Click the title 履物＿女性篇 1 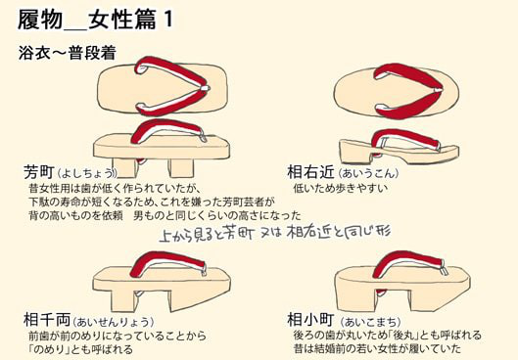[x=95, y=20]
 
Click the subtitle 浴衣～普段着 [x=68, y=53]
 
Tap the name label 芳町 [x=39, y=171]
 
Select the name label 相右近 [x=310, y=172]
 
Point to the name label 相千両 [x=47, y=319]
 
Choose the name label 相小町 [x=310, y=319]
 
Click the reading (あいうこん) [x=367, y=173]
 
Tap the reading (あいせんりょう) [x=113, y=322]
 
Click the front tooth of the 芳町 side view [x=180, y=167]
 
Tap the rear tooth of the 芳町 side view [x=123, y=167]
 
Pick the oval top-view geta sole [x=397, y=92]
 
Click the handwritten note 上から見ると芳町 [x=207, y=233]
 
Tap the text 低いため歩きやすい [x=341, y=189]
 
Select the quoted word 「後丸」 [x=404, y=335]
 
